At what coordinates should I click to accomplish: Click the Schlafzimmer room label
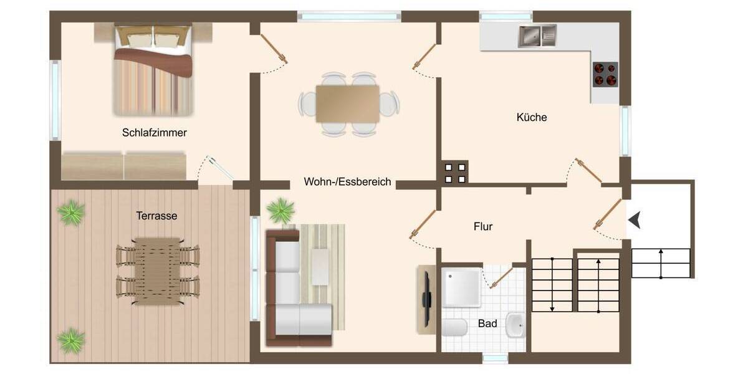pyautogui.click(x=155, y=133)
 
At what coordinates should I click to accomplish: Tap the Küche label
pyautogui.click(x=532, y=117)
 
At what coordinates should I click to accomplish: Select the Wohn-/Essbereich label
pyautogui.click(x=347, y=182)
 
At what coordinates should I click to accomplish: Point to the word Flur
pyautogui.click(x=483, y=227)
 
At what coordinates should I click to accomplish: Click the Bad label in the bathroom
pyautogui.click(x=487, y=324)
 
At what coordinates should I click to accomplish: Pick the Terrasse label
pyautogui.click(x=156, y=216)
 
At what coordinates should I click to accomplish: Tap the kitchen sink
pyautogui.click(x=537, y=36)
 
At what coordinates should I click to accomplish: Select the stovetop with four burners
pyautogui.click(x=605, y=74)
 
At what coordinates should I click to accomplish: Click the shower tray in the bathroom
pyautogui.click(x=461, y=287)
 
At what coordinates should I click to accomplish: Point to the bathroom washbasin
pyautogui.click(x=515, y=324)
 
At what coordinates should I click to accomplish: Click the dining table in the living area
pyautogui.click(x=348, y=103)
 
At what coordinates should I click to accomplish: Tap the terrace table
pyautogui.click(x=158, y=270)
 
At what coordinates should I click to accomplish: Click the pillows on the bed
pyautogui.click(x=153, y=39)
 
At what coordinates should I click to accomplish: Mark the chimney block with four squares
pyautogui.click(x=454, y=173)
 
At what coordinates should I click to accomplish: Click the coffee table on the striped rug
pyautogui.click(x=320, y=267)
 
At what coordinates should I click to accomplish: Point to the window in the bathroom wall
pyautogui.click(x=496, y=358)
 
